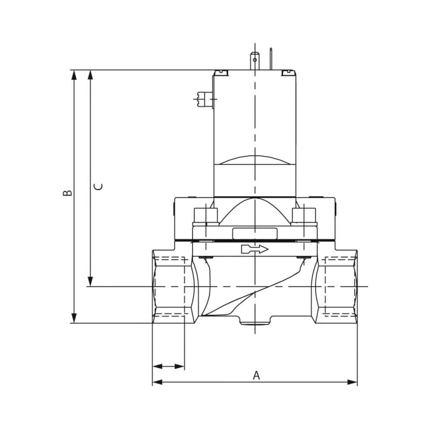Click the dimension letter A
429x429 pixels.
point(256,375)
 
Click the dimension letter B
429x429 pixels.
point(67,193)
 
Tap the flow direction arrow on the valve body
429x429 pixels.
point(254,250)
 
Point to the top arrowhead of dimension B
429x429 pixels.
point(74,75)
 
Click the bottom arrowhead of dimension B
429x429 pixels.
point(74,318)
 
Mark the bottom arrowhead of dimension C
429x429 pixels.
point(90,282)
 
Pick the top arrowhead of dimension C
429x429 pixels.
point(90,75)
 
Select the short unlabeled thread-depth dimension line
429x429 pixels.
point(168,367)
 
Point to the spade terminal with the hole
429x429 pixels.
point(254,60)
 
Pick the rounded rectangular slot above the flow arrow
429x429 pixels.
point(254,233)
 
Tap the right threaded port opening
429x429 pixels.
point(337,287)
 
